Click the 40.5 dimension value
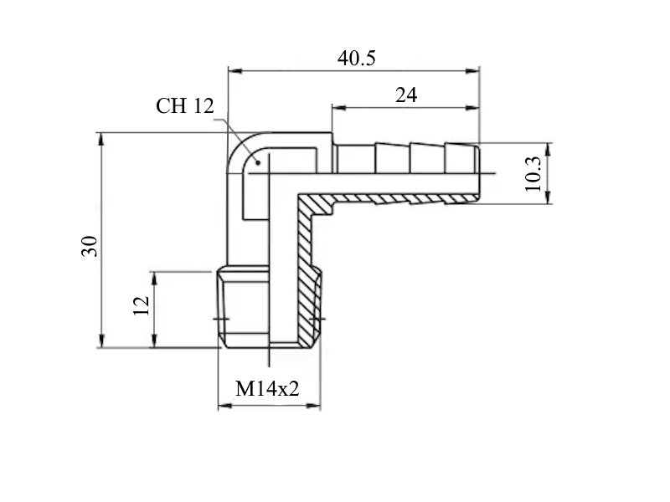pos(357,58)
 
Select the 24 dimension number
pos(406,95)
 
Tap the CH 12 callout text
pos(184,106)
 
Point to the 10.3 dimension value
pos(533,174)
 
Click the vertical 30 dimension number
pos(90,246)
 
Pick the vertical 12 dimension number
pos(142,305)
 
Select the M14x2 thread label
pos(267,389)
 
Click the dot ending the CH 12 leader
pos(258,162)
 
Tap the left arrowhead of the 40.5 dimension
pos(235,70)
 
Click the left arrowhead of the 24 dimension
pos(339,108)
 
